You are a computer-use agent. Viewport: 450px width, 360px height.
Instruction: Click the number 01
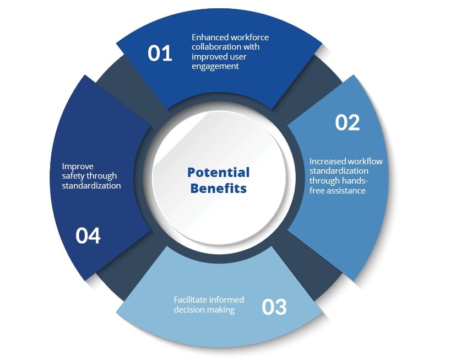click(x=160, y=53)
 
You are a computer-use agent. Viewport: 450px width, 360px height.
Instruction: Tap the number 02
click(x=348, y=122)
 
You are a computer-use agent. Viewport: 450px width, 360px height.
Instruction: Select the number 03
click(x=274, y=307)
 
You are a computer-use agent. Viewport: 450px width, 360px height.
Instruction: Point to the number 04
click(x=88, y=236)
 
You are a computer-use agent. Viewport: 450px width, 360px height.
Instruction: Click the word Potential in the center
click(x=219, y=172)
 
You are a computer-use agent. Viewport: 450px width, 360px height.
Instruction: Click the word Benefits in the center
click(x=219, y=189)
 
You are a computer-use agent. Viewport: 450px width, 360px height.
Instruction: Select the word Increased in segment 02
click(x=327, y=162)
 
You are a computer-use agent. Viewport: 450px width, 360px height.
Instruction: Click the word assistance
click(x=345, y=191)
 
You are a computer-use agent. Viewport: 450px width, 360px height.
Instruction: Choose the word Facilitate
click(x=192, y=300)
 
